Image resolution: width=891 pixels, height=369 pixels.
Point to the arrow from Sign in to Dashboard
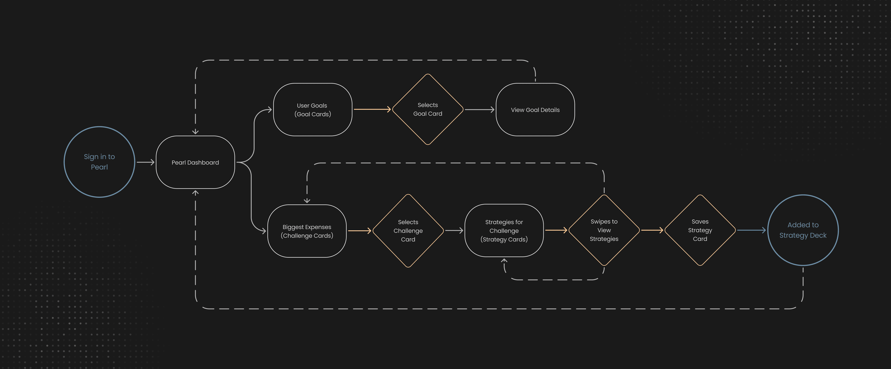(145, 162)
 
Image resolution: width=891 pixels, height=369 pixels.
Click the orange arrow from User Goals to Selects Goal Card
(372, 109)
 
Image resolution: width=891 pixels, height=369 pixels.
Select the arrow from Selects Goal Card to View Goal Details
(479, 110)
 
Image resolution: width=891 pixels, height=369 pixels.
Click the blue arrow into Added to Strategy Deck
(752, 230)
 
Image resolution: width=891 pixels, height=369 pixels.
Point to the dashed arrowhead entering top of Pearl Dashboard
(195, 132)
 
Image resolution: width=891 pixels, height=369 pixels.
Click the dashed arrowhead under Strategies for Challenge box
(504, 261)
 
